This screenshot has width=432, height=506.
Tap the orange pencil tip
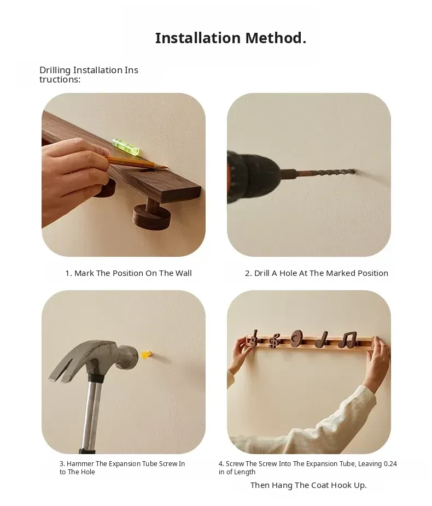tap(165, 167)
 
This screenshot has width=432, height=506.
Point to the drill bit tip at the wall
tap(354, 172)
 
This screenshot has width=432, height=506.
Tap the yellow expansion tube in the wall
tap(146, 354)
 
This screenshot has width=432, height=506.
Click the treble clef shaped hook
tap(274, 341)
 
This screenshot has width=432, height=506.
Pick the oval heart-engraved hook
tap(296, 338)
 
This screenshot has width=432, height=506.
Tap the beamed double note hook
tap(347, 340)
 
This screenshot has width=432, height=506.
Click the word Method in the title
tap(276, 38)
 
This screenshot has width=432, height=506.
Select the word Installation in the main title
tap(198, 38)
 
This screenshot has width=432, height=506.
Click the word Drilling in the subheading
tap(55, 70)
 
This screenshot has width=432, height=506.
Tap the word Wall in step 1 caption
tap(183, 273)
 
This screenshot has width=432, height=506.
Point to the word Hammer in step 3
tap(80, 464)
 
